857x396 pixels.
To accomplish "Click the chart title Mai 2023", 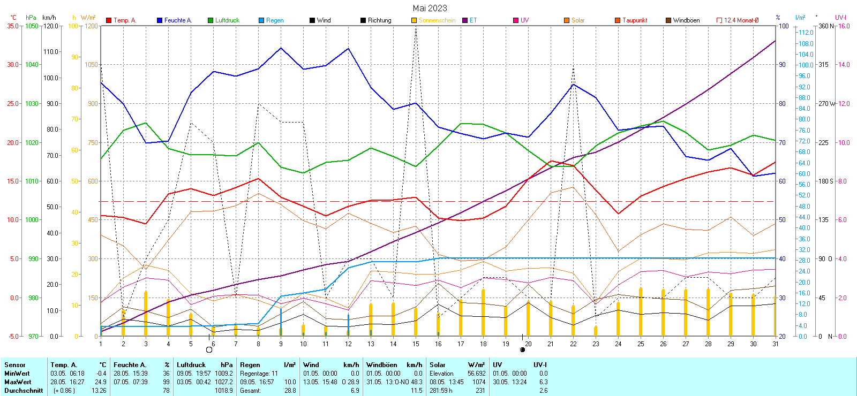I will (x=430, y=8).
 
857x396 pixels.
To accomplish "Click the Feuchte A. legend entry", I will (x=177, y=20).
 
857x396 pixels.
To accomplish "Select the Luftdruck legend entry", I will (x=227, y=20).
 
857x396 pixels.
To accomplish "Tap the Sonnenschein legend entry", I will (x=437, y=20).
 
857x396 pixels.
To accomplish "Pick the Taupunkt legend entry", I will (x=634, y=20).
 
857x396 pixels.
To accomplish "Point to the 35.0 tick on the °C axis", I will (x=13, y=26).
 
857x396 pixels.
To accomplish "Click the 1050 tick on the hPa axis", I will (x=32, y=26).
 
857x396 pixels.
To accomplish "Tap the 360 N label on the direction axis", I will (x=826, y=26).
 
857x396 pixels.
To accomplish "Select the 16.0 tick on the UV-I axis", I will (x=844, y=26).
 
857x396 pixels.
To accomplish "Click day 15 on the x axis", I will (x=416, y=344).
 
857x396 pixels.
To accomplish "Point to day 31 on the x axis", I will (x=776, y=344).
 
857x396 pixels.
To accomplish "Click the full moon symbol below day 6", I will (x=209, y=350).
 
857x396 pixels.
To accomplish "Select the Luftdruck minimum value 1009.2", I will (x=224, y=374).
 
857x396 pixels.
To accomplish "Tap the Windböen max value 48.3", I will (x=417, y=382).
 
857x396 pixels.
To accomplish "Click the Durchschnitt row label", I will (x=24, y=391).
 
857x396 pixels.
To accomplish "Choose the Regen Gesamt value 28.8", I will (x=290, y=391).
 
